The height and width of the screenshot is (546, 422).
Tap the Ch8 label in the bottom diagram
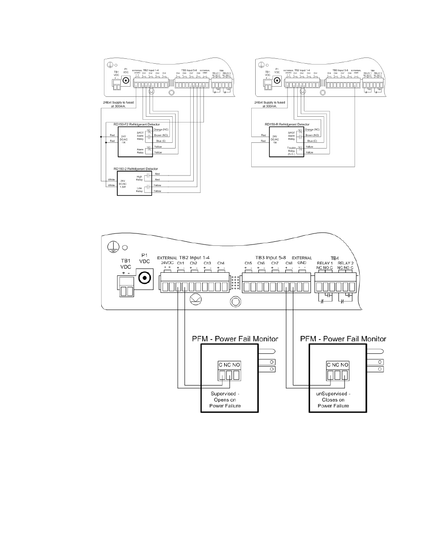click(289, 263)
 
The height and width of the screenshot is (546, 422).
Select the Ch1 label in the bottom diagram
click(180, 263)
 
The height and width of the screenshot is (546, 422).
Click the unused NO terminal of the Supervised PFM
click(236, 375)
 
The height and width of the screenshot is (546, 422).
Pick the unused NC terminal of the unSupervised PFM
click(337, 375)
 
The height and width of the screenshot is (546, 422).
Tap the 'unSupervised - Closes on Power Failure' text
click(334, 400)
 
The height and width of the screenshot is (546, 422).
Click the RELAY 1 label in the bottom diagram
click(325, 263)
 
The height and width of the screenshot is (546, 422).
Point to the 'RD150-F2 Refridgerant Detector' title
click(138, 125)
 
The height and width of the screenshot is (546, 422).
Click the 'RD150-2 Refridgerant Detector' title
click(136, 169)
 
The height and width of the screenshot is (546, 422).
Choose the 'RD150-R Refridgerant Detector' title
click(287, 125)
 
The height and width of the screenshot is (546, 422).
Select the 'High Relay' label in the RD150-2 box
click(139, 178)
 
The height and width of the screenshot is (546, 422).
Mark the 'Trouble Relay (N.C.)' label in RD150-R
click(291, 151)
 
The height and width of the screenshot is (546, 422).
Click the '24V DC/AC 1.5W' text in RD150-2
click(124, 183)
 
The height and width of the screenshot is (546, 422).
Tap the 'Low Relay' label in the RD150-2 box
click(139, 189)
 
